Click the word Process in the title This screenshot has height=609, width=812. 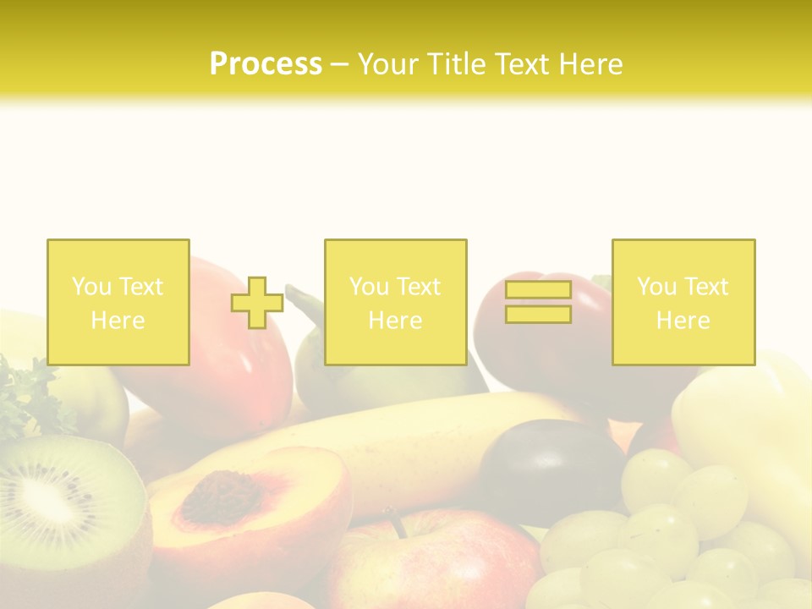[266, 64]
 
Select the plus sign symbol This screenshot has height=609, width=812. [257, 303]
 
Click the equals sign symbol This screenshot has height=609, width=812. [538, 302]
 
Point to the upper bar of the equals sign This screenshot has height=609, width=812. [538, 290]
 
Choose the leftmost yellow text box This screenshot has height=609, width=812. [118, 302]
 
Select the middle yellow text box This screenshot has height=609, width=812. [395, 302]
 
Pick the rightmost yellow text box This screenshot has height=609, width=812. [683, 302]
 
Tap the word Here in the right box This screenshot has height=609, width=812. [683, 320]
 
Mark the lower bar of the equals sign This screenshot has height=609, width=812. [538, 315]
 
